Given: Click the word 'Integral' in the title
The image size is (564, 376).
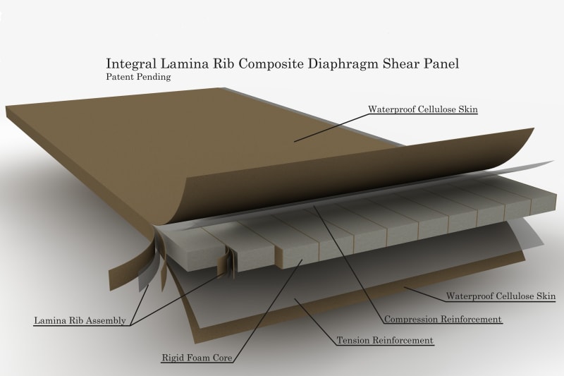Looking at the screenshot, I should (128, 64).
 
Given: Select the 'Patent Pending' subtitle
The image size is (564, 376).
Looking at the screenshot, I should (137, 77).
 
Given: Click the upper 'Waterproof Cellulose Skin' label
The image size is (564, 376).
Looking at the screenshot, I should (423, 109).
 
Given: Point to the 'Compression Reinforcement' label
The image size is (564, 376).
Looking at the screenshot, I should (443, 320).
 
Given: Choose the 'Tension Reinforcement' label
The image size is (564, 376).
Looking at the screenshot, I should (385, 341).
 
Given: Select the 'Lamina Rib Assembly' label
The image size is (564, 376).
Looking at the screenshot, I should (80, 321).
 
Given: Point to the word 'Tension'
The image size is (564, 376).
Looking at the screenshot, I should (355, 341).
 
